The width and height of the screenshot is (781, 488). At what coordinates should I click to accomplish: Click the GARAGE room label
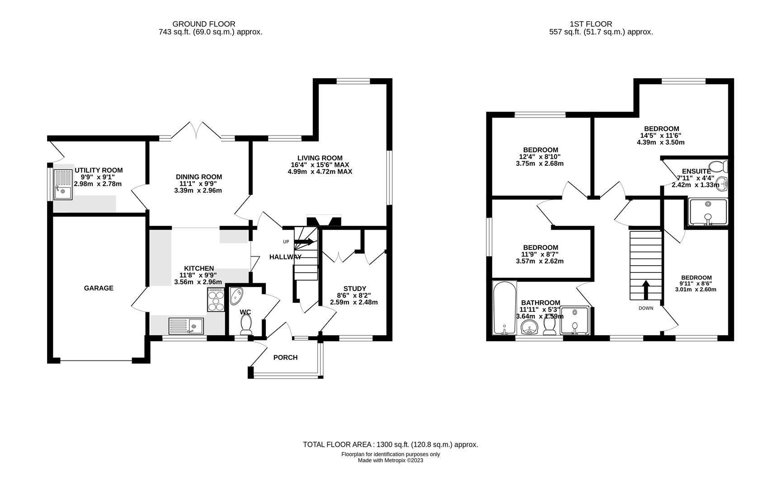coord(99,288)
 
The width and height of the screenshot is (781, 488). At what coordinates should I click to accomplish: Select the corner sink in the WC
coord(236,296)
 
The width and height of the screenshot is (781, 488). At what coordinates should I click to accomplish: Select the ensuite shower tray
coord(708,212)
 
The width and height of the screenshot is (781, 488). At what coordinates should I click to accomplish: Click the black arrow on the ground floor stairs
coord(304,242)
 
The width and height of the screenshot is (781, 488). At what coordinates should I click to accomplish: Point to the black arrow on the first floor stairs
coord(646,290)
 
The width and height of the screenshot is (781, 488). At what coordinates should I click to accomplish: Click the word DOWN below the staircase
coord(646,309)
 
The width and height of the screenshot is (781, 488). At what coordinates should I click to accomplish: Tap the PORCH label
coord(286,358)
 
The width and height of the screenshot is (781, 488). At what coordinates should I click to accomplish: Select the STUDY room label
coord(354,289)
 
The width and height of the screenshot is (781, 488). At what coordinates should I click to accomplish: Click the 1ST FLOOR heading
coord(591,24)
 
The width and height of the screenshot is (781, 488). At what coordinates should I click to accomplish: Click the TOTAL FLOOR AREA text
coord(390,445)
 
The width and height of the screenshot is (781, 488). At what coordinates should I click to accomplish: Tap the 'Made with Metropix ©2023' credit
coord(390,461)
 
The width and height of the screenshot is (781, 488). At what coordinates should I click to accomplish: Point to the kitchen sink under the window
coord(186,325)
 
